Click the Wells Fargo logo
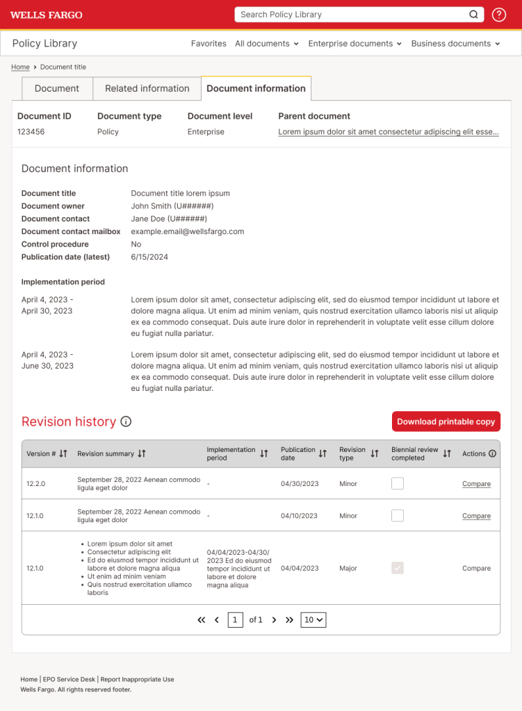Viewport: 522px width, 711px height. pyautogui.click(x=46, y=15)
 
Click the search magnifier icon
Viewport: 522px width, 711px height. pyautogui.click(x=473, y=15)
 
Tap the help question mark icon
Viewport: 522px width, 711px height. pyautogui.click(x=499, y=15)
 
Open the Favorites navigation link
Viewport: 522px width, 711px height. pyautogui.click(x=209, y=44)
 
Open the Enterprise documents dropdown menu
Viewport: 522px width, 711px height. pyautogui.click(x=354, y=44)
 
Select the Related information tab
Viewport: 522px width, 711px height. pyautogui.click(x=147, y=89)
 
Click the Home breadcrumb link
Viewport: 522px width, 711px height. pyautogui.click(x=20, y=67)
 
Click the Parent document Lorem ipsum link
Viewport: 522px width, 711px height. pyautogui.click(x=388, y=132)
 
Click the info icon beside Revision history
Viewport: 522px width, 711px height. pyautogui.click(x=126, y=421)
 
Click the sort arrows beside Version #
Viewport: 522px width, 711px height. pyautogui.click(x=63, y=453)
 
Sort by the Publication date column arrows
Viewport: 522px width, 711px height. pyautogui.click(x=323, y=453)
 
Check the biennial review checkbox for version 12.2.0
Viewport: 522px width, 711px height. pyautogui.click(x=398, y=483)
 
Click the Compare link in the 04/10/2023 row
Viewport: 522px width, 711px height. pyautogui.click(x=476, y=516)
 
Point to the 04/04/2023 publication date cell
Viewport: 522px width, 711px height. pyautogui.click(x=300, y=568)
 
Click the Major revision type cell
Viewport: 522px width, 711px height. pyautogui.click(x=348, y=568)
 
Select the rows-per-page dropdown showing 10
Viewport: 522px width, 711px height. pyautogui.click(x=313, y=620)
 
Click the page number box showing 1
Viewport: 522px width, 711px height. pyautogui.click(x=236, y=620)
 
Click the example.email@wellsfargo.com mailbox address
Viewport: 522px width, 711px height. pyautogui.click(x=187, y=232)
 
